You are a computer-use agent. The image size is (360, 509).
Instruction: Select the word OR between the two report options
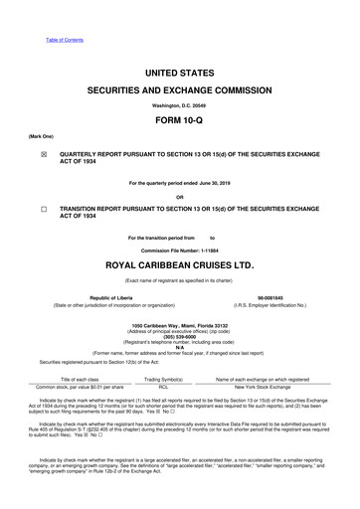coord(180,196)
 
